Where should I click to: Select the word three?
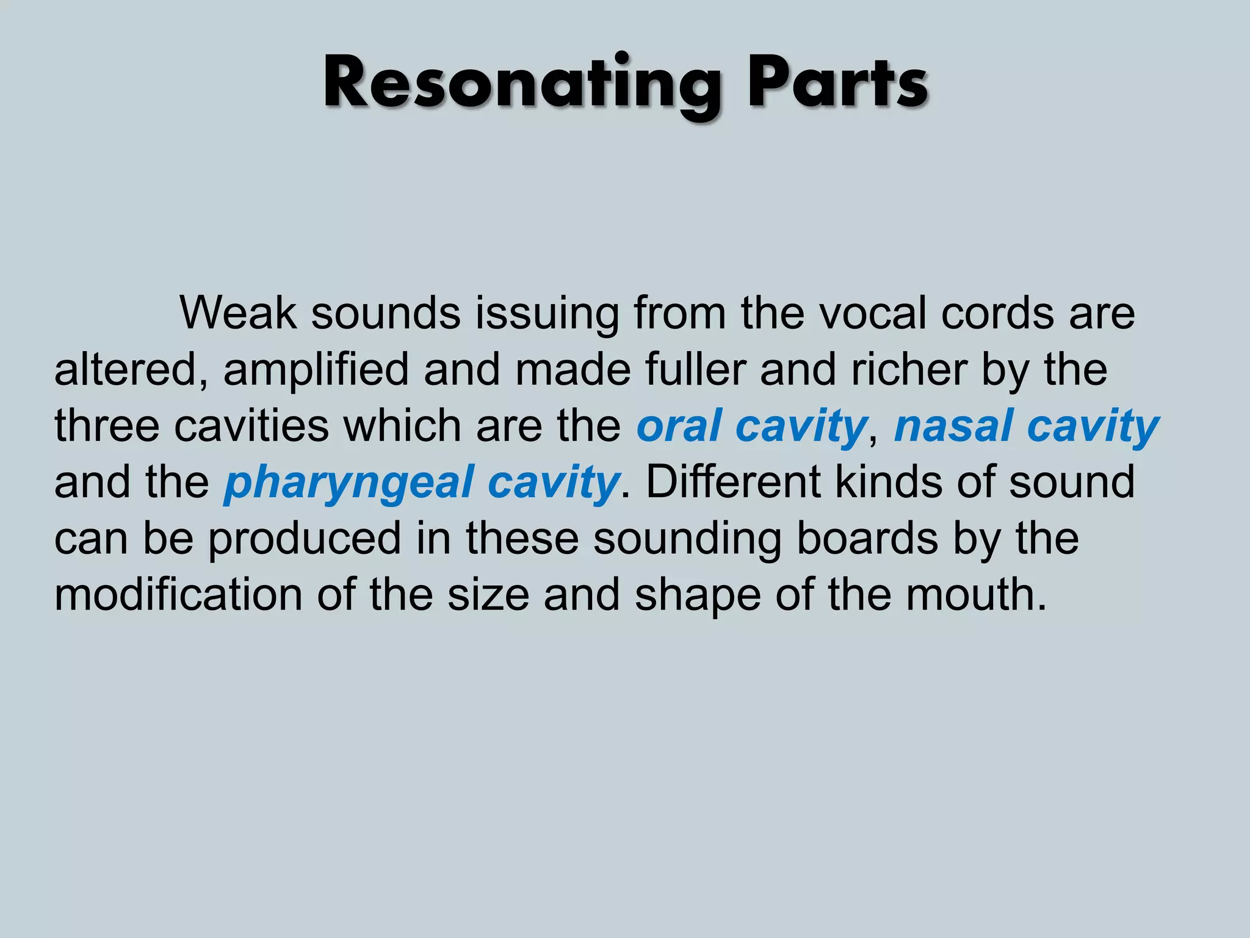107,426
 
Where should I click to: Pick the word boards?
867,538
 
